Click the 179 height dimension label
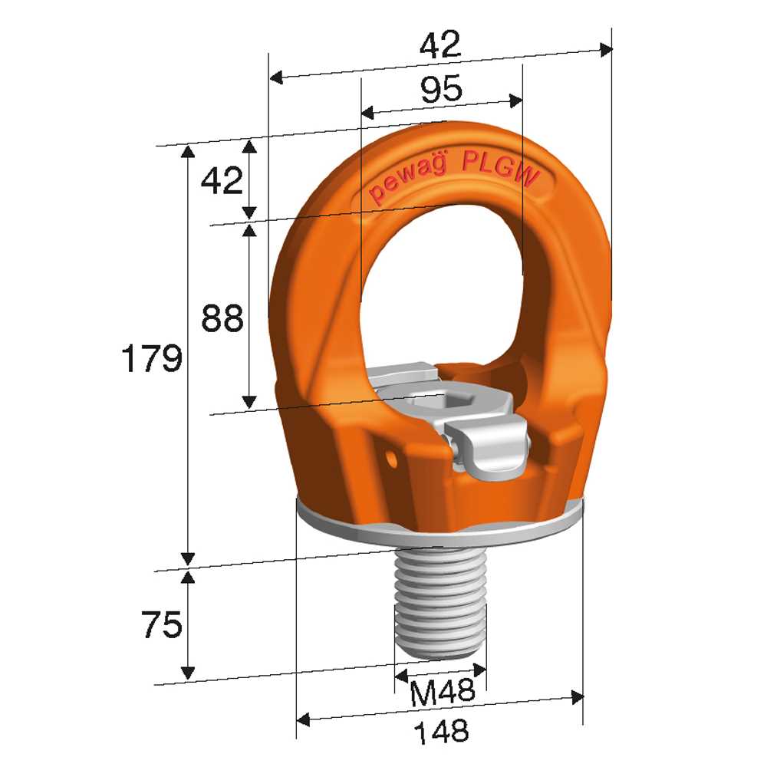pos(152,358)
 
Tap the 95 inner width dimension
pos(441,88)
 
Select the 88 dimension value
pos(222,318)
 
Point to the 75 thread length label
pos(162,624)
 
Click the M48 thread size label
pos(443,691)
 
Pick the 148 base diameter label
pos(441,731)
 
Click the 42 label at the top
pos(440,44)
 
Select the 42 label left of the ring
pos(222,180)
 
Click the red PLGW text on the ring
pos(500,169)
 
